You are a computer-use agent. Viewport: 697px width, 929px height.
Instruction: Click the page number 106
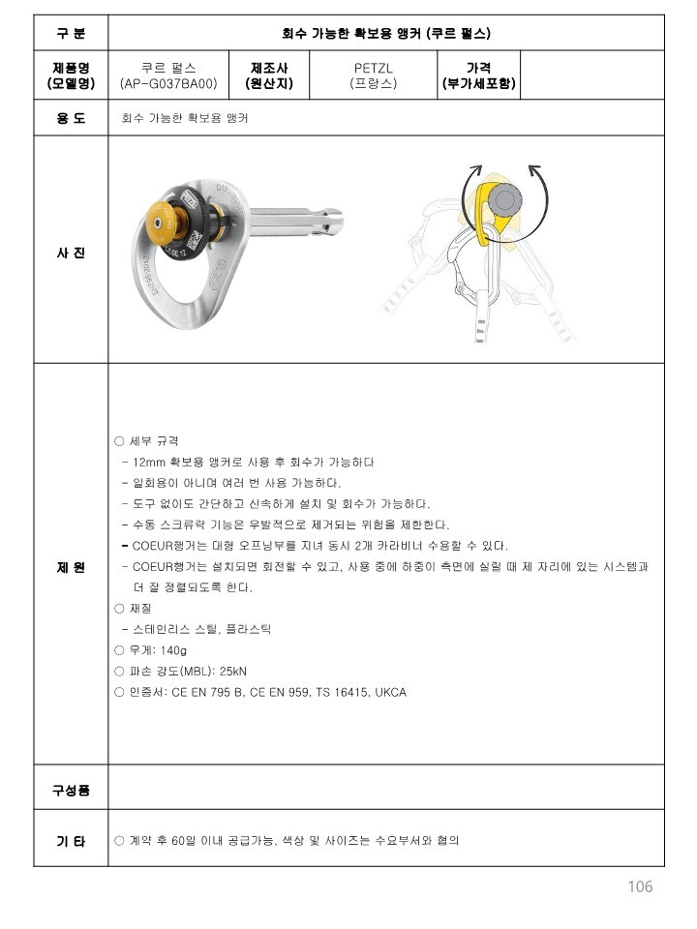(x=640, y=886)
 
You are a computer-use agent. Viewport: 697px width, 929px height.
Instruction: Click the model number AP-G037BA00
(x=168, y=83)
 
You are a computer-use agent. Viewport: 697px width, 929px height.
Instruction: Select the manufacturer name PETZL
(x=373, y=68)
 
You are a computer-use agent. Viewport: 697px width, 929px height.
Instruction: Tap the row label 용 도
(x=71, y=118)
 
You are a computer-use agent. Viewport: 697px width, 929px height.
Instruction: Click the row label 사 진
(x=71, y=253)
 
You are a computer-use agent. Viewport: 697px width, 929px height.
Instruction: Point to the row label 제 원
(x=71, y=567)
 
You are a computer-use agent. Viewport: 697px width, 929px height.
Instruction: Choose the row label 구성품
(x=71, y=790)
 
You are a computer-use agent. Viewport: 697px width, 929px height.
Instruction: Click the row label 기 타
(x=71, y=841)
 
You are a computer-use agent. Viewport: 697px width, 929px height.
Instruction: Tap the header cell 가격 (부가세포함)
(x=478, y=75)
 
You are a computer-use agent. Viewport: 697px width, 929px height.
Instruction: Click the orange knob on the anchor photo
(x=160, y=223)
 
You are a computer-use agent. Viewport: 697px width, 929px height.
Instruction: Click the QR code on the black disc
(x=194, y=239)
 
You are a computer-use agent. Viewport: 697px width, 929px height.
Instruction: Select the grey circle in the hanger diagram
(x=505, y=199)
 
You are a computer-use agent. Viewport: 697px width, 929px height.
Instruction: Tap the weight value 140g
(x=173, y=650)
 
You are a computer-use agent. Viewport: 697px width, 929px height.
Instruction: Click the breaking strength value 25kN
(x=233, y=672)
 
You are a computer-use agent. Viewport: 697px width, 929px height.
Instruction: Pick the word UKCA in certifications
(x=390, y=692)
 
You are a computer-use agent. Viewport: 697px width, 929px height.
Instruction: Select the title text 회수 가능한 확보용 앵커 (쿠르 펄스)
(x=386, y=33)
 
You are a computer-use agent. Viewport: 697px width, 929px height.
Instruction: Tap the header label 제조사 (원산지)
(x=269, y=75)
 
